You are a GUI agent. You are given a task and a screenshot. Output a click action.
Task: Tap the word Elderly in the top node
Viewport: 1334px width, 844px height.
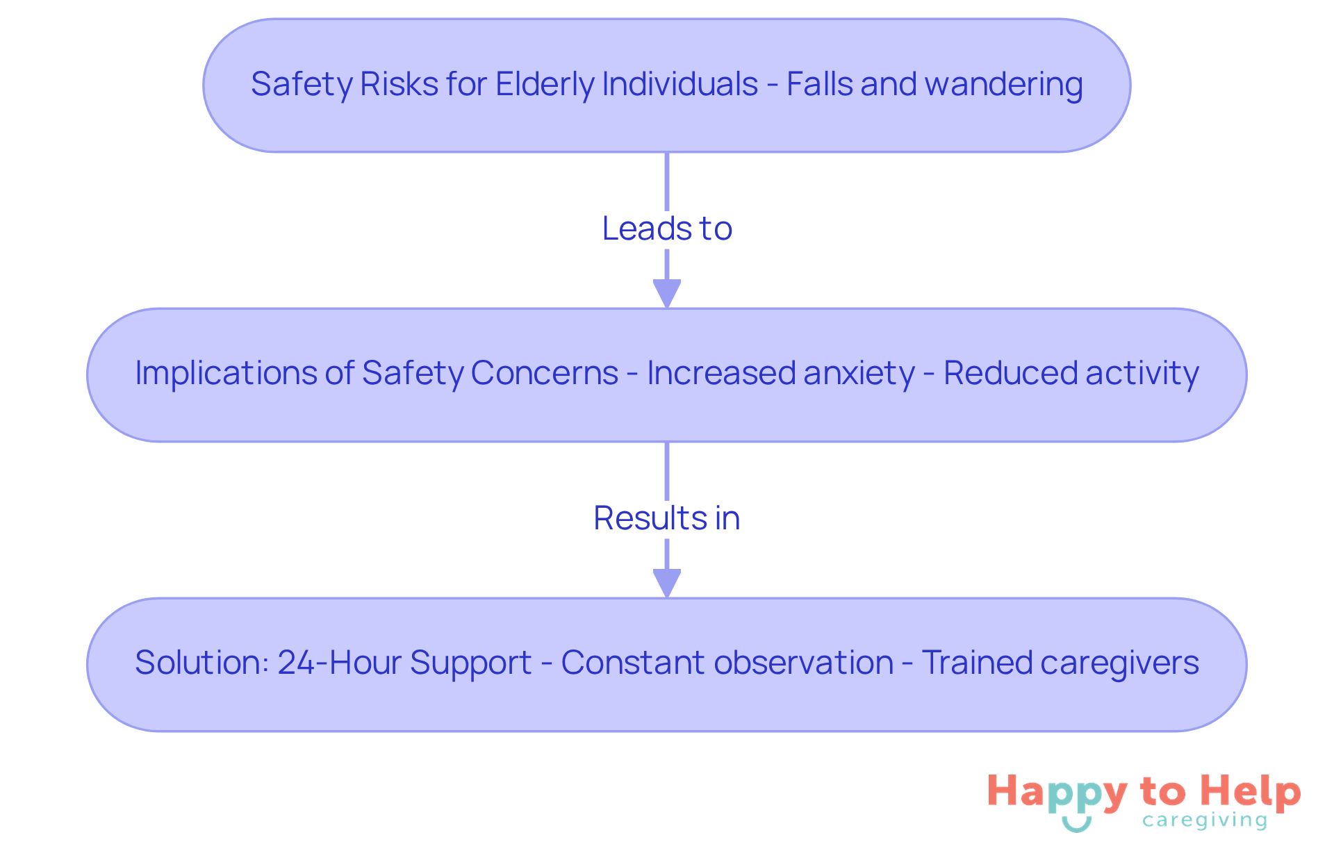coord(545,85)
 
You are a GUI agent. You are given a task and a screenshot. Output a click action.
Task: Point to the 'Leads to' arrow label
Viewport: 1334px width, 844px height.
coord(667,229)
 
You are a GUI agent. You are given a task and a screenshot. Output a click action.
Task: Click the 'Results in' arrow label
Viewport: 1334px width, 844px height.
coord(667,518)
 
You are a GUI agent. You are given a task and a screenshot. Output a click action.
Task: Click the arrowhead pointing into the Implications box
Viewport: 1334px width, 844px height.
coord(667,294)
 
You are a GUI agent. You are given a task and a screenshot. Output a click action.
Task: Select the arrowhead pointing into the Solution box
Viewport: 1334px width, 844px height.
coord(667,584)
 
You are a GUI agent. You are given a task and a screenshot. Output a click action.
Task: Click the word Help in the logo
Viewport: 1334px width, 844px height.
coord(1251,792)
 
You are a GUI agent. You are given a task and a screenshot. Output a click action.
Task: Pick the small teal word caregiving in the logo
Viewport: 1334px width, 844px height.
coord(1205,821)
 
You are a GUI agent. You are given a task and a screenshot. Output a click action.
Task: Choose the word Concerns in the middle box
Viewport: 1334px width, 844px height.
coord(544,373)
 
